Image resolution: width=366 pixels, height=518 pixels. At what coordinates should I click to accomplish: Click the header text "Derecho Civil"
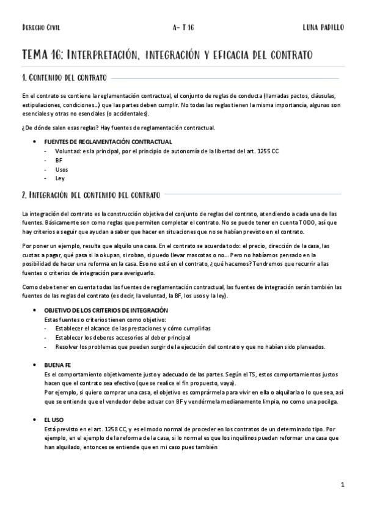(41, 28)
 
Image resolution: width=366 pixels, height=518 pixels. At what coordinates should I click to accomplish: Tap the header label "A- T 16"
(183, 28)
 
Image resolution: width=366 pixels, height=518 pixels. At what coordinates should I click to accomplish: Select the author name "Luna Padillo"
(323, 28)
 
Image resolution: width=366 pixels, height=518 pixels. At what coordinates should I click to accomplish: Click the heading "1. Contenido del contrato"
(64, 78)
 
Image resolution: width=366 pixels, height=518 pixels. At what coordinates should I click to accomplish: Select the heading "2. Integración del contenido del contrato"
(91, 195)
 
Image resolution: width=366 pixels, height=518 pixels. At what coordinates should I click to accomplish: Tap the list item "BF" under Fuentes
(59, 160)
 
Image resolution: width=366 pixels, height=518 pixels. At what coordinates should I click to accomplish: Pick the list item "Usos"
(62, 169)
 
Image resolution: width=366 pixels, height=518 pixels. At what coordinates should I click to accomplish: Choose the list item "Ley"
(60, 178)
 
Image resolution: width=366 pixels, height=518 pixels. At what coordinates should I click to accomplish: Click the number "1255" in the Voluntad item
(266, 151)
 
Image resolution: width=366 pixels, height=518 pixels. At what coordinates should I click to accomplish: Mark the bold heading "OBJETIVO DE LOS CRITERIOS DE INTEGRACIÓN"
(109, 310)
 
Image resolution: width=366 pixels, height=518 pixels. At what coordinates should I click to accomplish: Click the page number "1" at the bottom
(343, 485)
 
